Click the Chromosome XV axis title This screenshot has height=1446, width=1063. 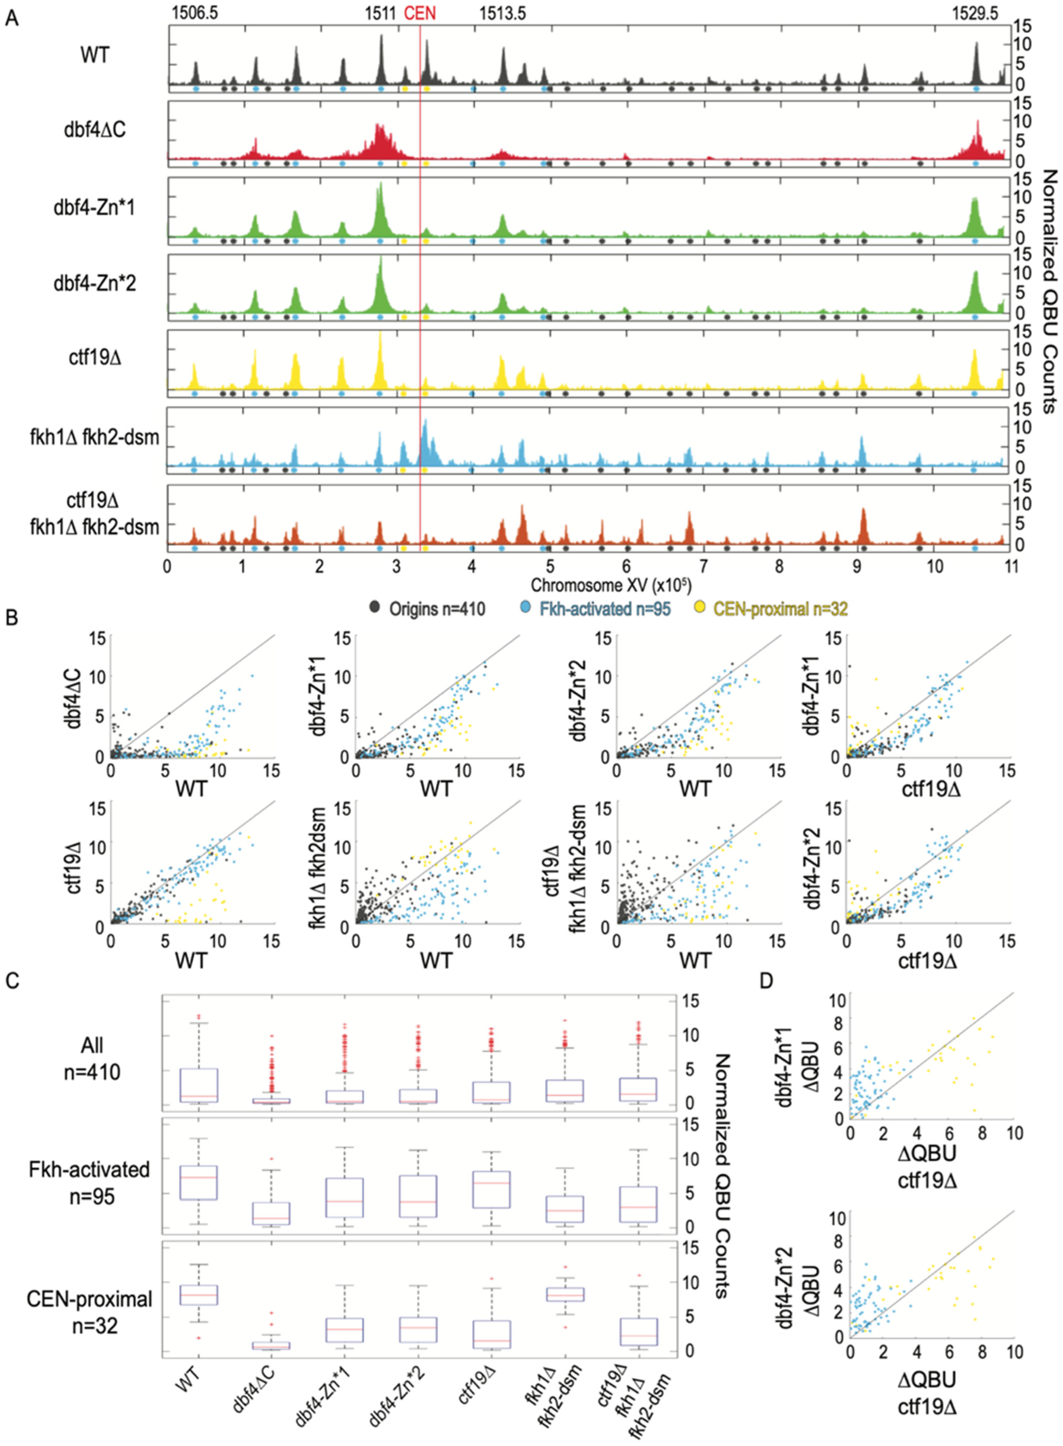pos(611,586)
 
